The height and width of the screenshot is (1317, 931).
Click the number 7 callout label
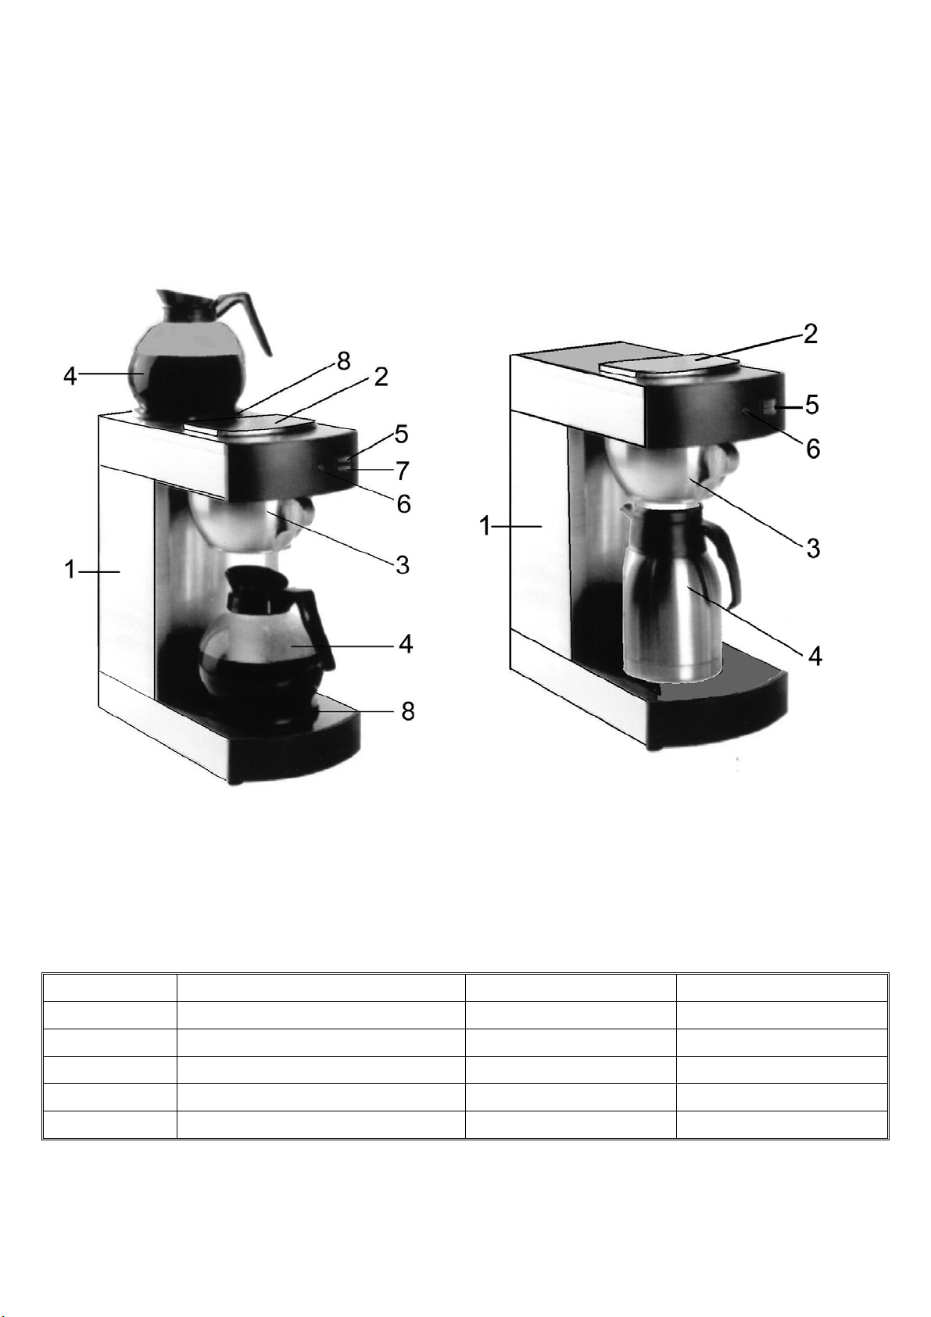(x=403, y=471)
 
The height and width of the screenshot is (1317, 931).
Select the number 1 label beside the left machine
(x=70, y=570)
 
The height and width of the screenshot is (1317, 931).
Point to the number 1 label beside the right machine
(x=485, y=525)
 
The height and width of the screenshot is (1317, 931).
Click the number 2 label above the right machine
(x=810, y=335)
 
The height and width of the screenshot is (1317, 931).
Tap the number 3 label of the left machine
(x=403, y=565)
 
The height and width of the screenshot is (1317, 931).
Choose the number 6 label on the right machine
(x=812, y=449)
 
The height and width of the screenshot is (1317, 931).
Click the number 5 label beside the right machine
(x=811, y=405)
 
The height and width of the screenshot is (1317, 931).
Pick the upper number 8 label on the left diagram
(x=343, y=361)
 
